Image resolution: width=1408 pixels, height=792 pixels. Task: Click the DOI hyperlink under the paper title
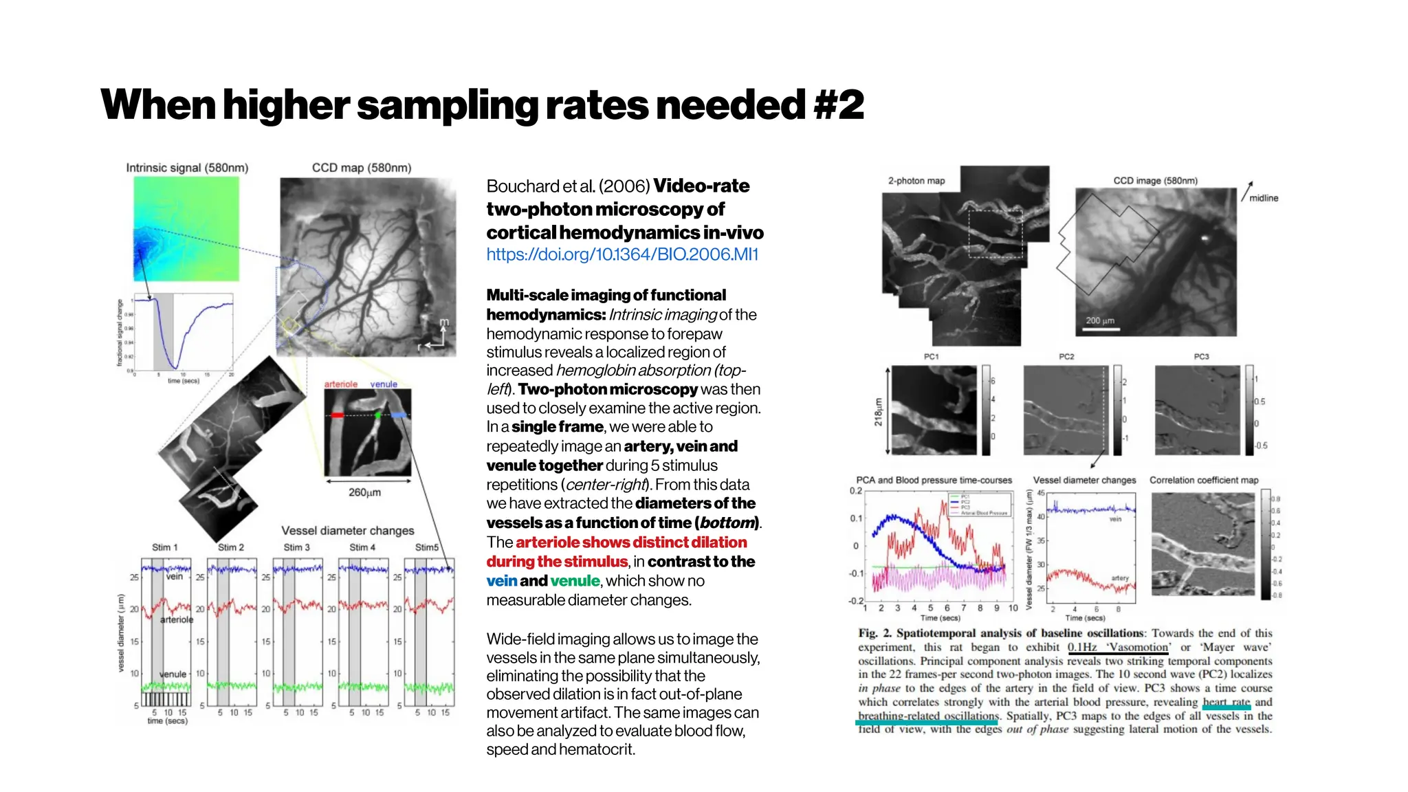coord(621,254)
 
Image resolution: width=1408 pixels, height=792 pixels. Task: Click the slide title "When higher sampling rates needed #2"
coord(481,104)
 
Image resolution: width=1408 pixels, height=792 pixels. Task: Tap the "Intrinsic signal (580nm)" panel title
coord(187,168)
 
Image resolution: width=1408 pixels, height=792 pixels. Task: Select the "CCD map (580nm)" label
coord(362,168)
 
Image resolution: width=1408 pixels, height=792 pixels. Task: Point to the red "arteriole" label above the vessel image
coord(341,384)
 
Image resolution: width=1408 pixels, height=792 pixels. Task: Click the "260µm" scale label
coord(364,492)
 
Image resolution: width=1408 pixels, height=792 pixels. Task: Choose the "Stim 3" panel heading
coord(296,547)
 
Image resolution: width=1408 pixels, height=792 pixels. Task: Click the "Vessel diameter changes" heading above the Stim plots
coord(347,531)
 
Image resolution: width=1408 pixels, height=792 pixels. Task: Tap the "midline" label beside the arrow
coord(1264,198)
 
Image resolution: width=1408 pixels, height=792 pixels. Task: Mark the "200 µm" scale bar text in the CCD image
coord(1100,320)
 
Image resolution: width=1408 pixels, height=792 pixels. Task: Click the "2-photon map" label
coord(916,181)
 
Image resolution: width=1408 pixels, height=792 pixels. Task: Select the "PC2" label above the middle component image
coord(1066,356)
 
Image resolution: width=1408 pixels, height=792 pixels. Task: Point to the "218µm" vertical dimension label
coord(878,411)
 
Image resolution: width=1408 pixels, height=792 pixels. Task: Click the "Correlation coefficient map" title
coord(1204,480)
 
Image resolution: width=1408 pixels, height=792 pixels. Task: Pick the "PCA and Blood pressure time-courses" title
coord(934,480)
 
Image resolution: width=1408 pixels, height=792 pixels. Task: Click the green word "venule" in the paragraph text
coord(575,581)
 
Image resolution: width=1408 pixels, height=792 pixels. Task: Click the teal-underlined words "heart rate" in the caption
coord(1226,702)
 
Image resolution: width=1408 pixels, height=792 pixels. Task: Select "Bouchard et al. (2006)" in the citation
coord(568,186)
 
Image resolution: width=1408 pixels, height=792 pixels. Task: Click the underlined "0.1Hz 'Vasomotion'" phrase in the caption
coord(1118,647)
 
